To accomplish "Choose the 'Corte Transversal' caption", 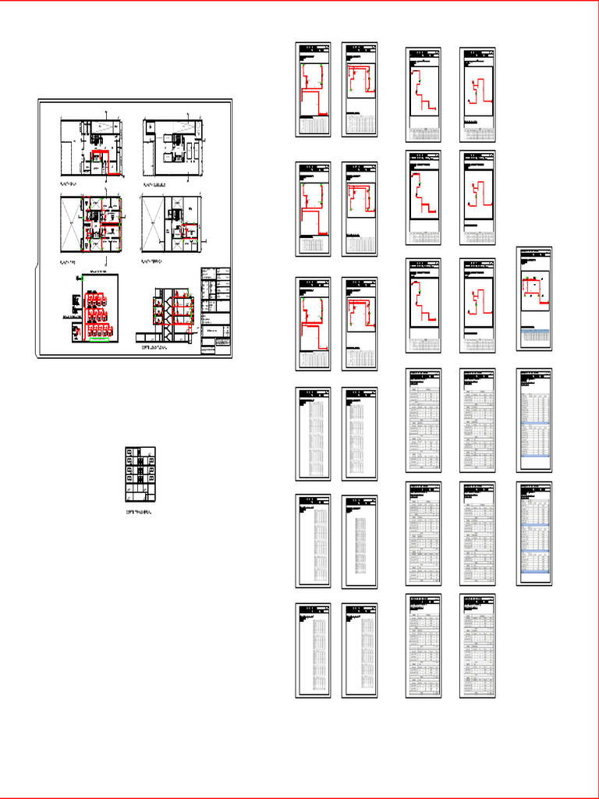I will (139, 512).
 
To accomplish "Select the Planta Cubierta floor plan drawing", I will (172, 147).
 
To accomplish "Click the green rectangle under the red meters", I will (97, 339).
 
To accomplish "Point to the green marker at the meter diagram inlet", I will (80, 277).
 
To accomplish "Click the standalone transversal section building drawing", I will (140, 474).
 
